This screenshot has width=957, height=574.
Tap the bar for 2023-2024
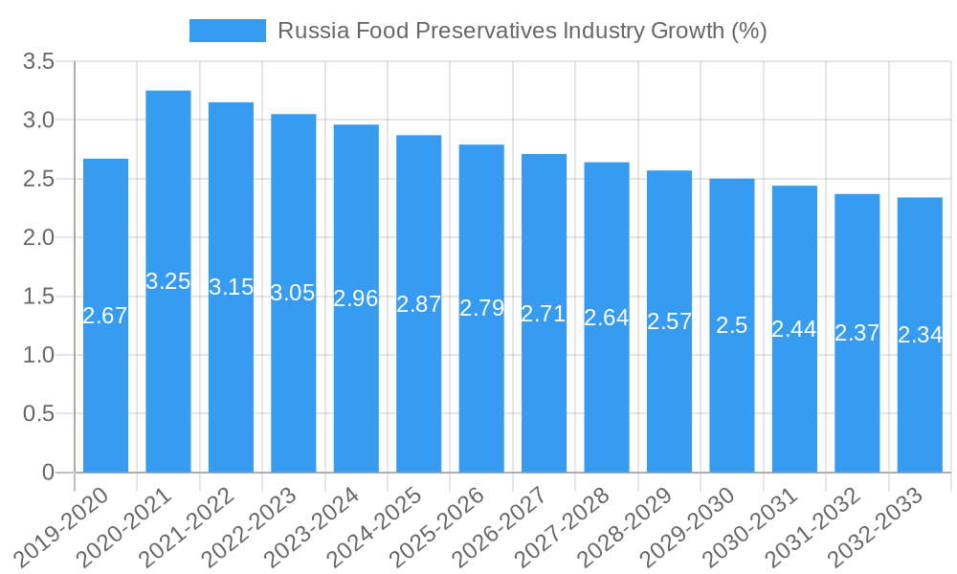pos(356,383)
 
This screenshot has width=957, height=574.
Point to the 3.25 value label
pos(168,281)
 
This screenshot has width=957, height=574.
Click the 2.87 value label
pos(419,304)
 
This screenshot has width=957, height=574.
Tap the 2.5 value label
pos(732,324)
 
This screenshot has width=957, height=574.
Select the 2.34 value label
pos(920,335)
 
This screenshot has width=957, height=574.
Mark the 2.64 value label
pos(607,318)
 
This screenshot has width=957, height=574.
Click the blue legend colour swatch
pos(228,31)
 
